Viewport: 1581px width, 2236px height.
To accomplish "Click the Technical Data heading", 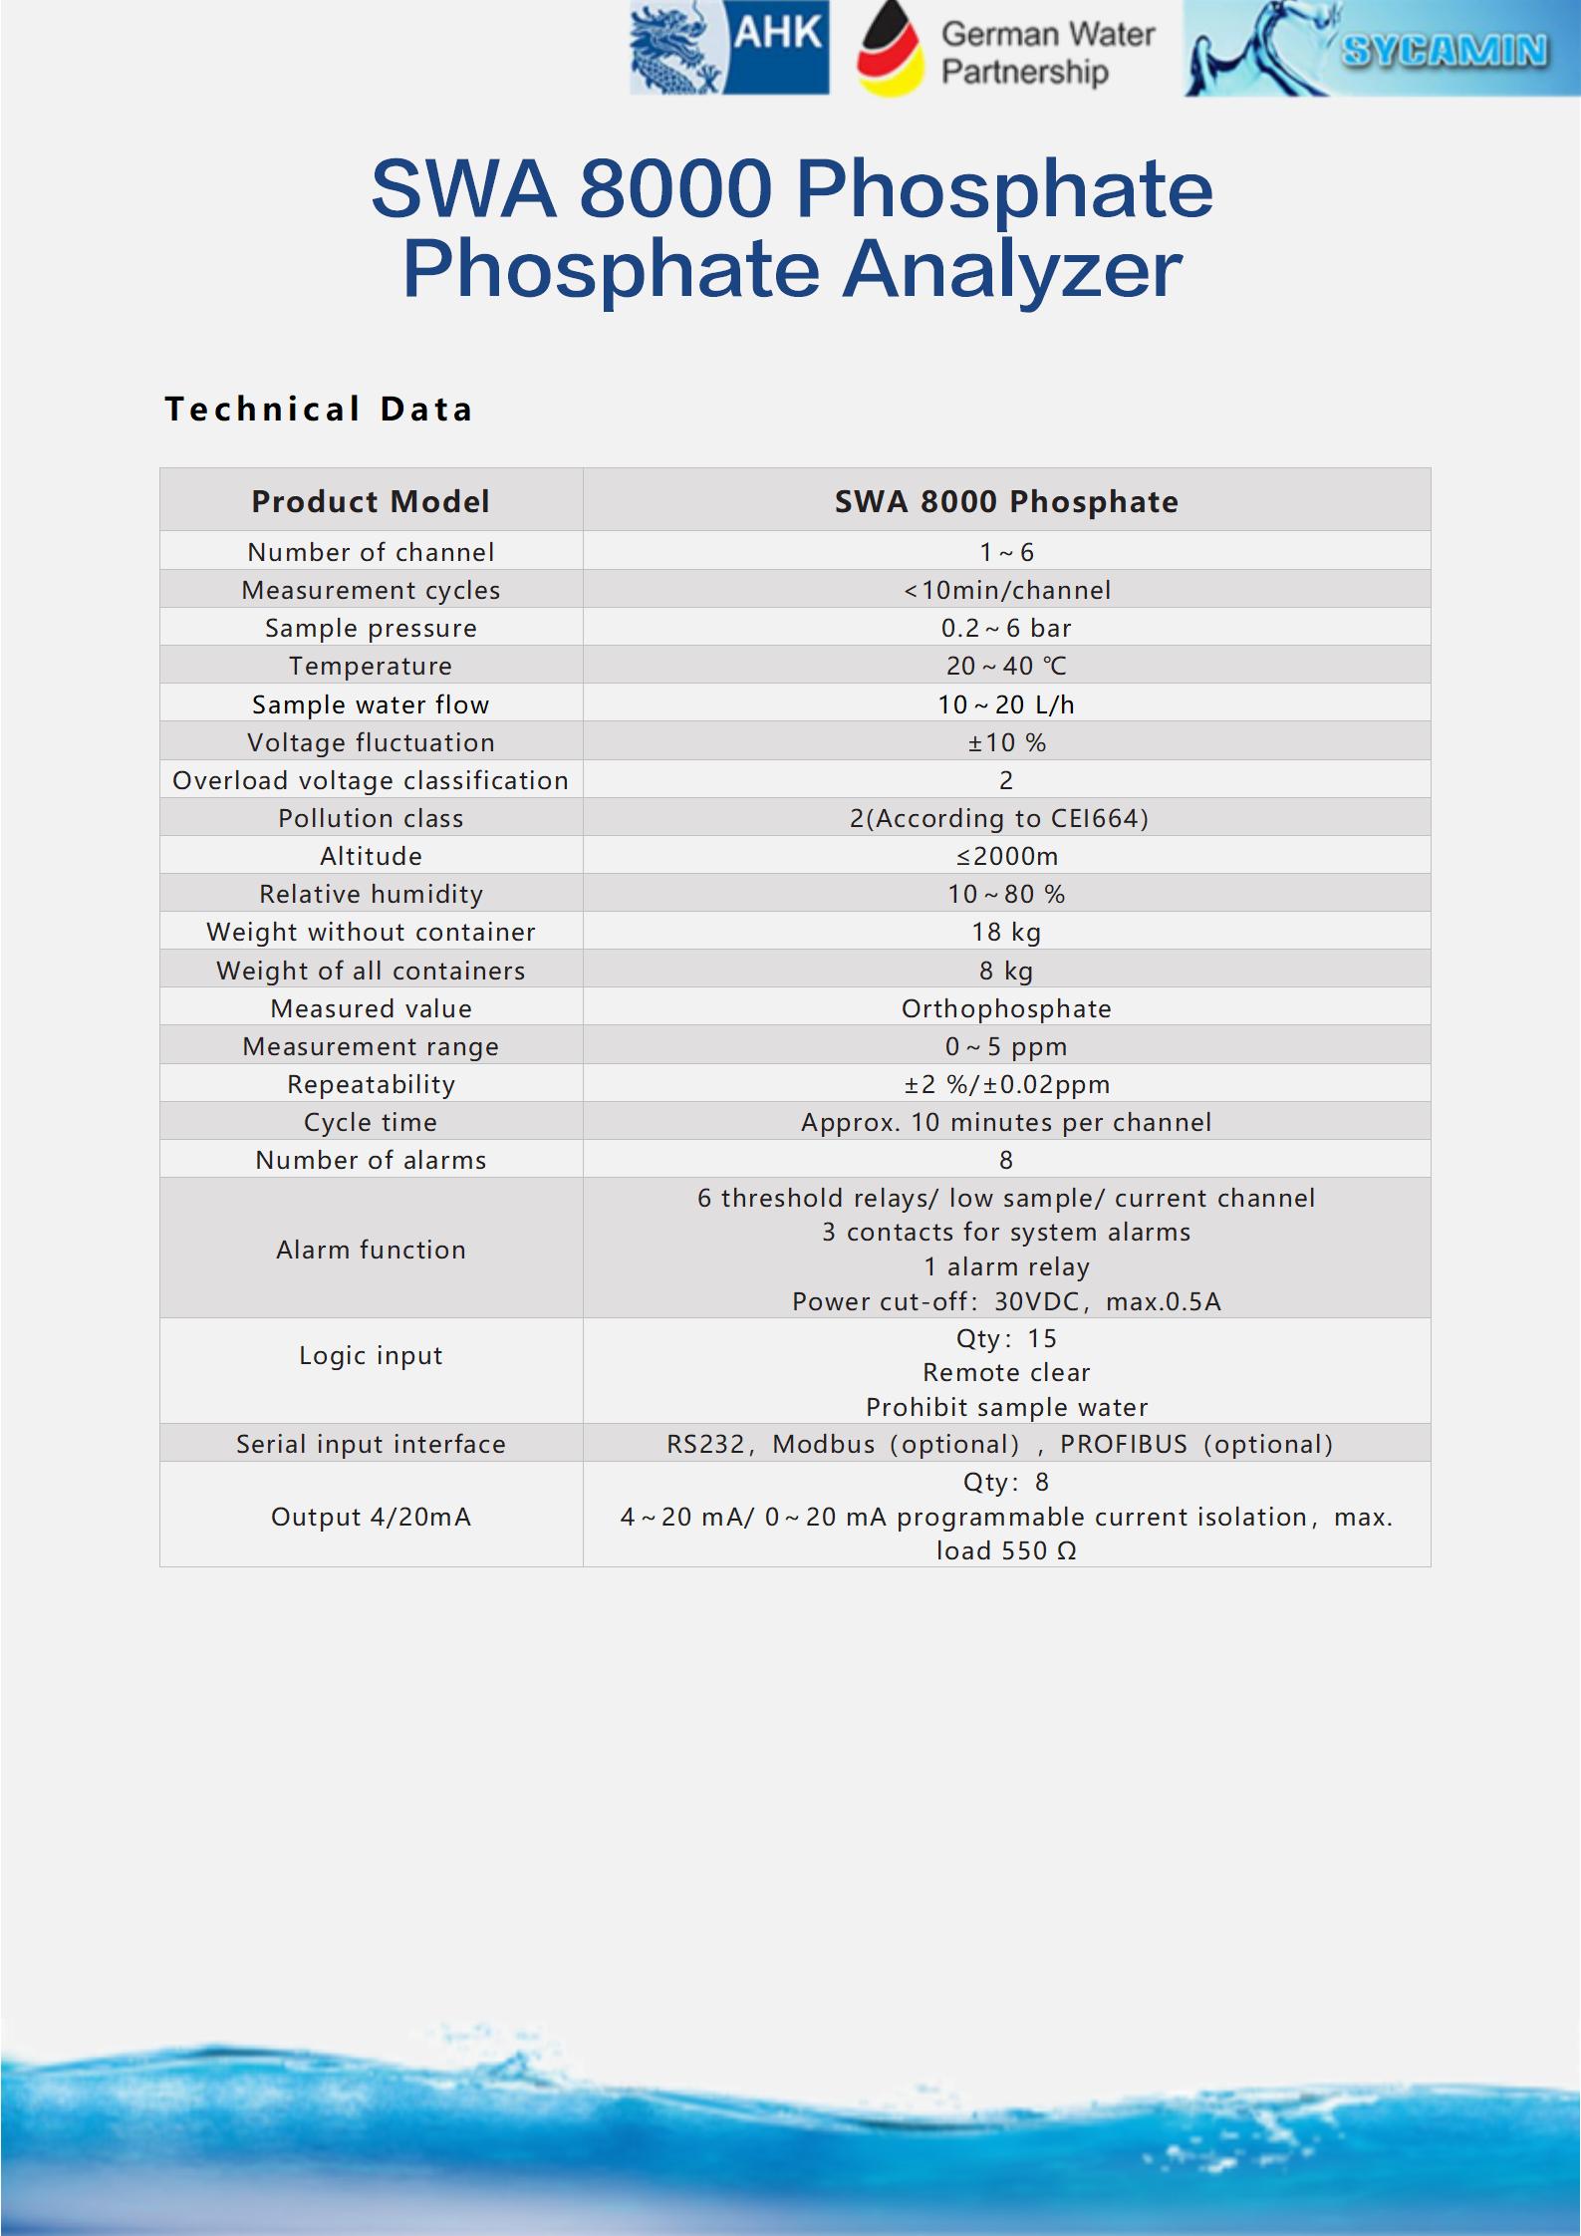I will tap(319, 409).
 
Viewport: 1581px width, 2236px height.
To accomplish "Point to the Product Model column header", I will tap(371, 501).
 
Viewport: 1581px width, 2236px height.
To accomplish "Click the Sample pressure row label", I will tap(371, 628).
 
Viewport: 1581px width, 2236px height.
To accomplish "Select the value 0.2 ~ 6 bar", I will tap(1006, 628).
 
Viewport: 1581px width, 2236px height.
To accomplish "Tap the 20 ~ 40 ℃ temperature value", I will tap(1006, 666).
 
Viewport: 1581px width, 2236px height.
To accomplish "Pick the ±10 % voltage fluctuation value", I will tap(1006, 742).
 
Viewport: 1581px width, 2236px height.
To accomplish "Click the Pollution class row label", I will tap(371, 818).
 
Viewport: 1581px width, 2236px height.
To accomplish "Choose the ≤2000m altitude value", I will tap(1006, 856).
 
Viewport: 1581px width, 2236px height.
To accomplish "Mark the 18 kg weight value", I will tap(1006, 932).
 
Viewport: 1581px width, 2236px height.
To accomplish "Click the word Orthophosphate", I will tap(1006, 1008).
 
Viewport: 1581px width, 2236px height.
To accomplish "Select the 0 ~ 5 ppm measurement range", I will tap(1006, 1046).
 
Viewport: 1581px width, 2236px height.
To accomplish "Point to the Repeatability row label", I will tap(371, 1084).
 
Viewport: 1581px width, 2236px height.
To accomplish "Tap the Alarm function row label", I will tap(371, 1250).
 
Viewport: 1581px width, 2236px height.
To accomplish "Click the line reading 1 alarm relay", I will tap(1006, 1266).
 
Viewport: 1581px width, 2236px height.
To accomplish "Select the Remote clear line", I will tap(1006, 1372).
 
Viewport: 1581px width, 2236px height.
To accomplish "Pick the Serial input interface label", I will tap(371, 1444).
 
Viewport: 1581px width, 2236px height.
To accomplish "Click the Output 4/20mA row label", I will tap(371, 1517).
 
